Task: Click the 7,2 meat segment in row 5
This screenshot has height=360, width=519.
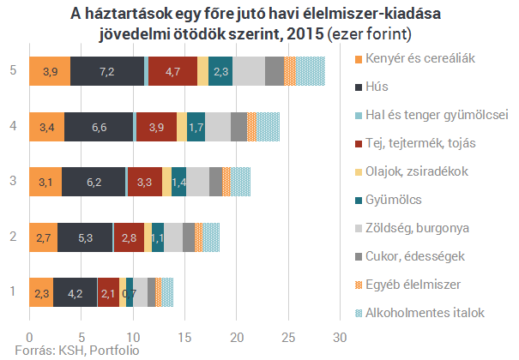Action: tap(107, 71)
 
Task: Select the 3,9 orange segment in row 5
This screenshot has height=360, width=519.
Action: tap(50, 71)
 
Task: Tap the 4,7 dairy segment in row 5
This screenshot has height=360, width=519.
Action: tap(172, 71)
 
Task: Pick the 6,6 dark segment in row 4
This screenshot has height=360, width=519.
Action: tap(99, 127)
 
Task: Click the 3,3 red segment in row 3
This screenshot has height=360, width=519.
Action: tap(144, 182)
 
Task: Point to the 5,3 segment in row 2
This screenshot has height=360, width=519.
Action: tap(85, 237)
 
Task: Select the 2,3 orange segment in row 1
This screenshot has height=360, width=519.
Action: tap(41, 292)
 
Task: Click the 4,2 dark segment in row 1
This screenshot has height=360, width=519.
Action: tap(75, 292)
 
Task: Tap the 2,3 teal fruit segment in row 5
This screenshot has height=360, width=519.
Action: tap(220, 71)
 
